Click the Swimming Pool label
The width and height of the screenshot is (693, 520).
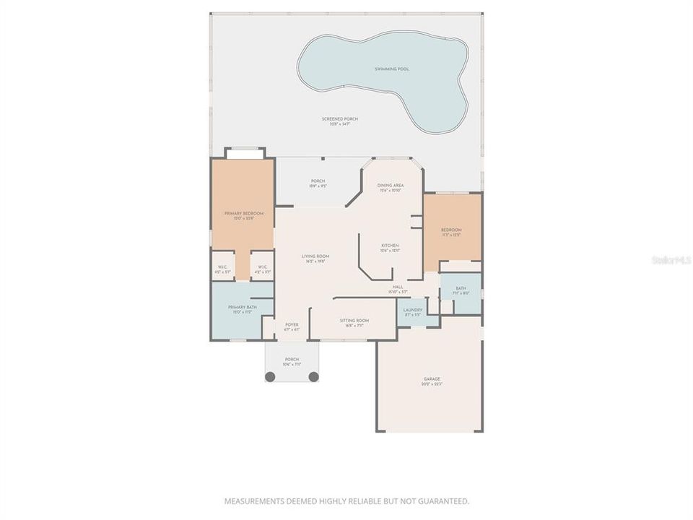click(392, 69)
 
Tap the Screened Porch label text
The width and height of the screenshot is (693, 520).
click(339, 119)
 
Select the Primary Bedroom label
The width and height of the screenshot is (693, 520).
click(243, 214)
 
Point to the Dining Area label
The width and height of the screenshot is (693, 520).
click(390, 186)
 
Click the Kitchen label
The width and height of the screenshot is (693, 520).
click(390, 246)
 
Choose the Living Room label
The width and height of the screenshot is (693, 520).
click(315, 256)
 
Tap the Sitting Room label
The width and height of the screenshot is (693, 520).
click(354, 320)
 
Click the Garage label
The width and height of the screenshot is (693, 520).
click(432, 379)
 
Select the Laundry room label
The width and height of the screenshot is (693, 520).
click(413, 310)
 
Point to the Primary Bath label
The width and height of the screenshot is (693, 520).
click(243, 308)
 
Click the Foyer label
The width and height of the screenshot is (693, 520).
click(292, 325)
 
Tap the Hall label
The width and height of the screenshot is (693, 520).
click(398, 287)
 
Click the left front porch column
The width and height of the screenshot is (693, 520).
click(270, 376)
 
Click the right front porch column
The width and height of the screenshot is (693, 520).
click(313, 376)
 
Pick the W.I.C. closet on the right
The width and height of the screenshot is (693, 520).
click(261, 267)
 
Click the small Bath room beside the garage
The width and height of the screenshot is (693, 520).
click(461, 291)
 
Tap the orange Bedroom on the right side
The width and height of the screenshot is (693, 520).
click(452, 231)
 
